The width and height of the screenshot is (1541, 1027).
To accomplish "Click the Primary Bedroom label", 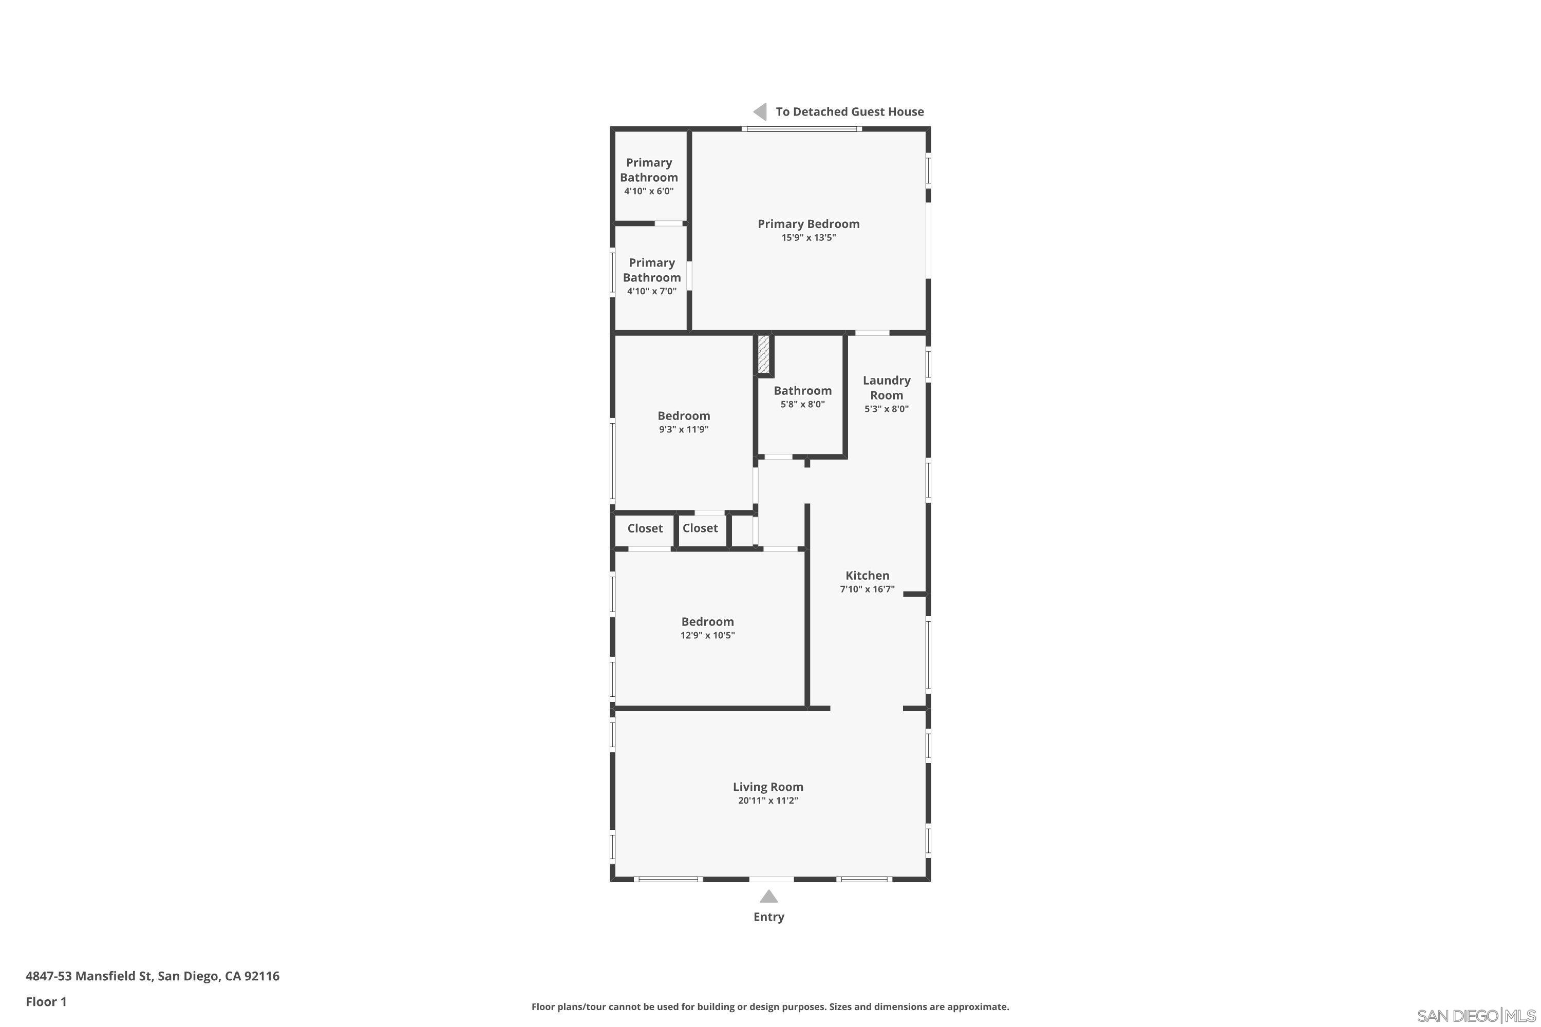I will pos(808,224).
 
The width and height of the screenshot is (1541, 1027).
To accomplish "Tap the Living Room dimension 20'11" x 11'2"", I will pos(767,801).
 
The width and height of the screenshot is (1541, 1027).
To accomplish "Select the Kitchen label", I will pos(867,575).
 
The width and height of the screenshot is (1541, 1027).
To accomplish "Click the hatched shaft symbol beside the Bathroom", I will pos(763,354).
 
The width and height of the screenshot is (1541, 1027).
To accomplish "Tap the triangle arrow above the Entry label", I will pos(768,896).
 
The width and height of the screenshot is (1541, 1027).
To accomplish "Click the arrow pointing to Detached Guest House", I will pos(760,111).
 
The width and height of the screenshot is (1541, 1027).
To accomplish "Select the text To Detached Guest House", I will pos(849,111).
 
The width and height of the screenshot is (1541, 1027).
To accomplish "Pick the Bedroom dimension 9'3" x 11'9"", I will pos(683,430).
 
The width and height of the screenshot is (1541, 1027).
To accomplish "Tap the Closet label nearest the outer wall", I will pos(645,528).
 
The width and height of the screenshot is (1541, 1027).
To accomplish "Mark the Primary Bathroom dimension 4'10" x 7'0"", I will pos(651,292).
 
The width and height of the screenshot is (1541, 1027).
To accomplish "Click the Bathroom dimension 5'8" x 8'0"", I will pos(802,404).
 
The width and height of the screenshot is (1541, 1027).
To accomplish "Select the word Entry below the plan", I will pos(768,917).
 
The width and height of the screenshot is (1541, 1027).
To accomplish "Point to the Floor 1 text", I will pos(46,1001).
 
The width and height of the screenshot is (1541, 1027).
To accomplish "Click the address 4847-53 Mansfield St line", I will pos(152,976).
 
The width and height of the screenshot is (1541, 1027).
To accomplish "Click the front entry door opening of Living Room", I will pos(771,879).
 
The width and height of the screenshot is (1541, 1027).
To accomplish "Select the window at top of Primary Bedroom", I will pos(801,129).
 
